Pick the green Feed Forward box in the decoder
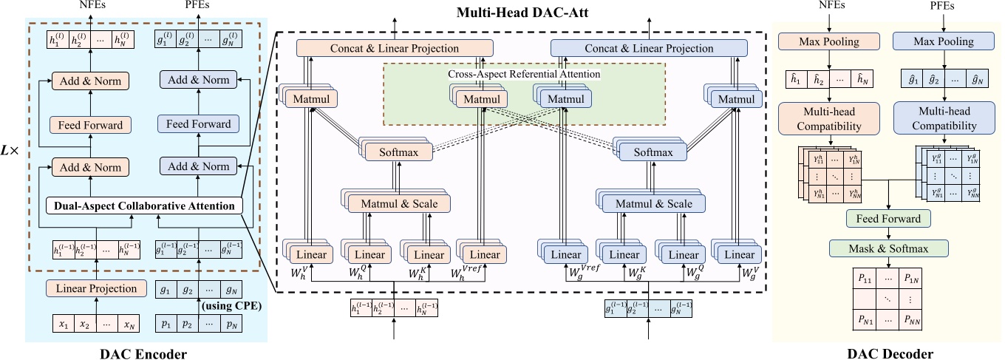[x=888, y=219]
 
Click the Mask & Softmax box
[x=888, y=247]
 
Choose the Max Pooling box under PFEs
[x=935, y=41]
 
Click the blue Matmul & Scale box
[x=653, y=203]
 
